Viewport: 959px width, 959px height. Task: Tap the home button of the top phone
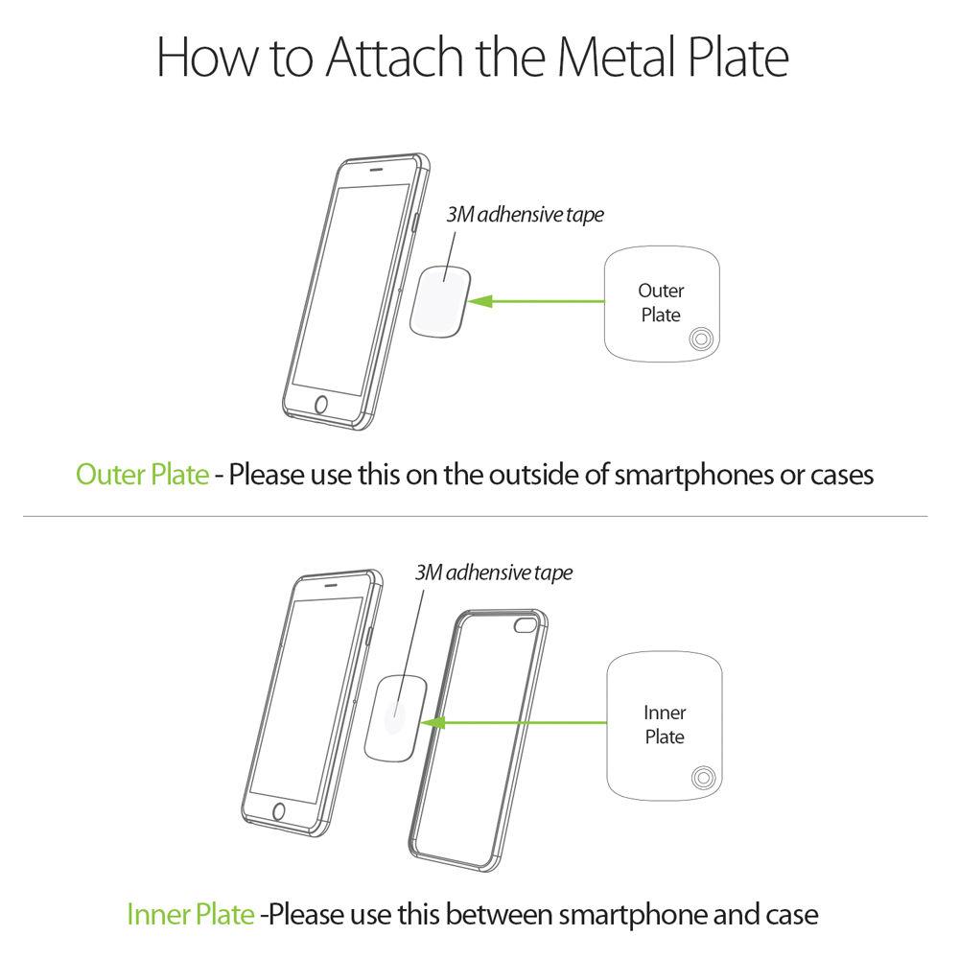coord(322,405)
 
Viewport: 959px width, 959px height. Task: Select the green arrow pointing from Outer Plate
coord(537,302)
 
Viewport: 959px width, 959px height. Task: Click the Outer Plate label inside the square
coord(661,302)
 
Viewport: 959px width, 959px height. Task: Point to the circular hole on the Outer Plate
coord(699,338)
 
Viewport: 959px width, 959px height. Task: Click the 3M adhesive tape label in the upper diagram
coord(525,215)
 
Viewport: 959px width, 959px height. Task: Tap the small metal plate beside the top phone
coord(439,298)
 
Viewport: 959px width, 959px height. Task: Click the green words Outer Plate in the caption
coord(142,475)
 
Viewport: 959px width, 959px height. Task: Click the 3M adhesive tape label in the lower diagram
coord(493,573)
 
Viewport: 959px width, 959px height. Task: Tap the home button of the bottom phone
coord(279,811)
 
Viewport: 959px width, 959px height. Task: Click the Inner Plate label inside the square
coord(664,725)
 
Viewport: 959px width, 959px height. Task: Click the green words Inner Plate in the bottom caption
coord(192,913)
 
